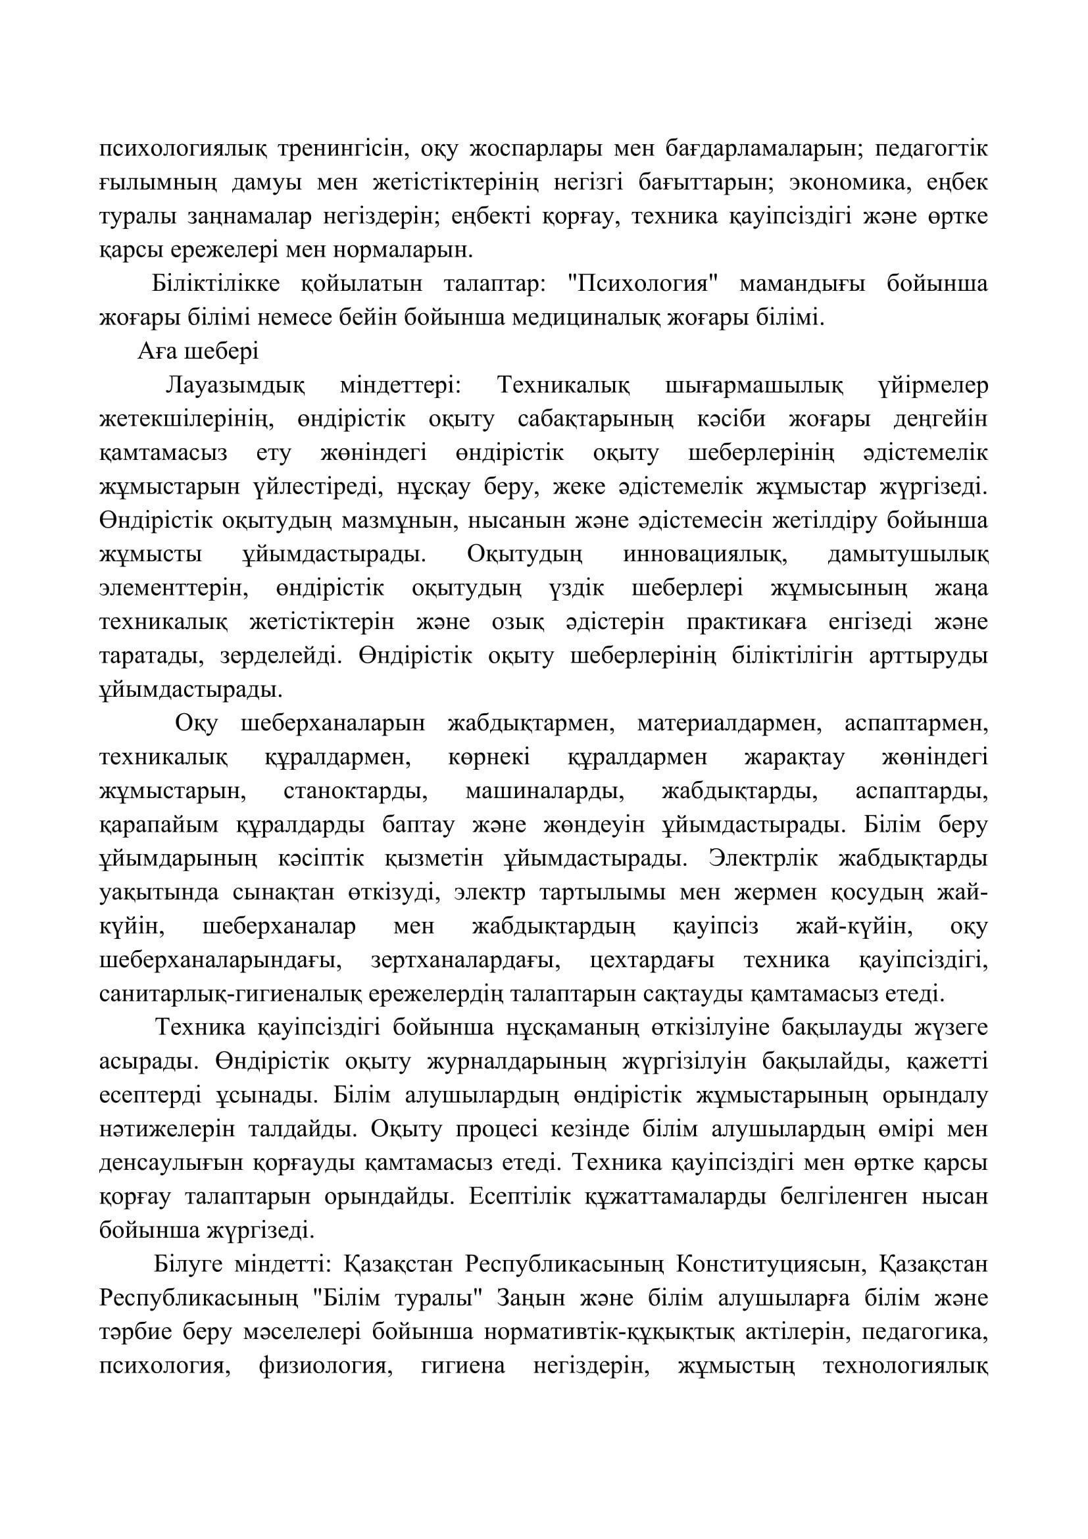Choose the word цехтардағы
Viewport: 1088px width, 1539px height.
point(653,961)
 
